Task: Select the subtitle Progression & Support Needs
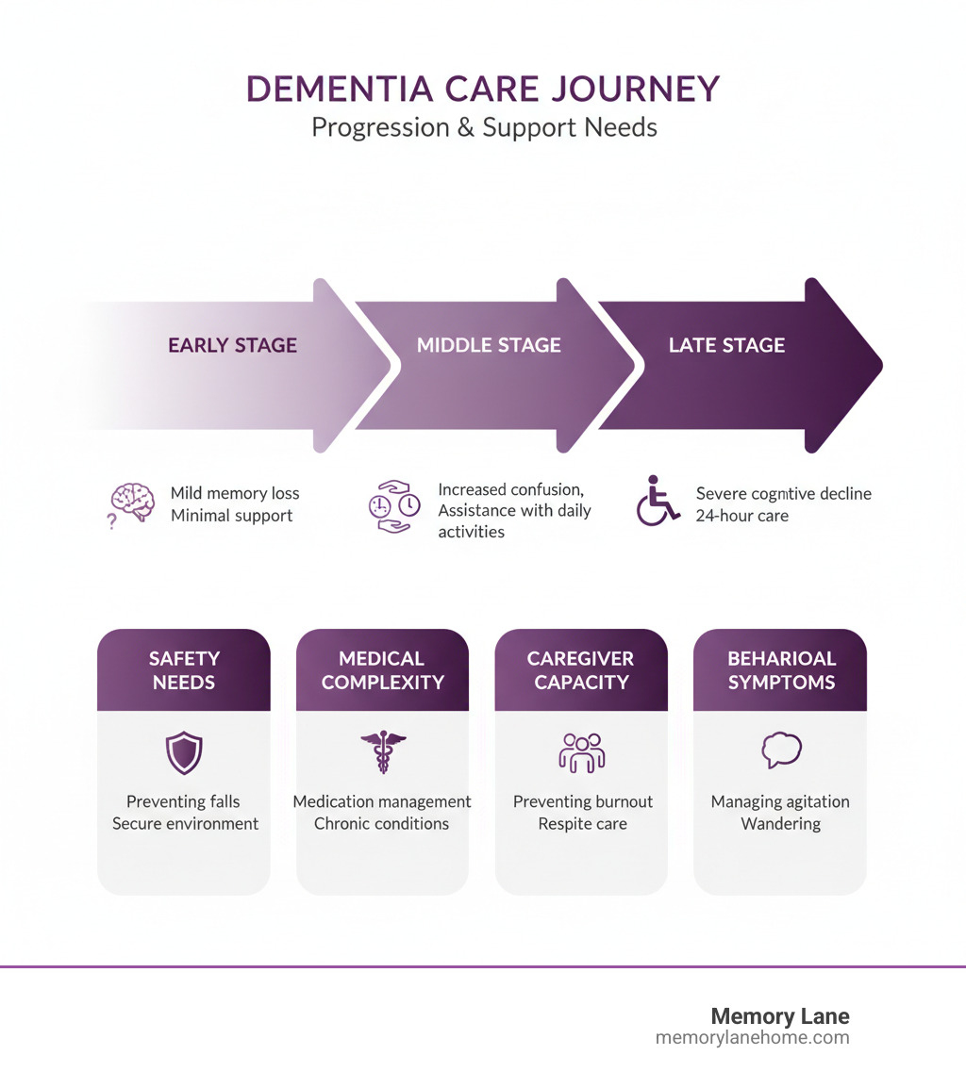pos(484,126)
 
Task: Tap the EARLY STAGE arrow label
pos(232,345)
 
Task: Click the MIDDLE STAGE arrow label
pos(489,345)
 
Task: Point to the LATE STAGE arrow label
pos(726,345)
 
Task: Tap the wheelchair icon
pos(658,501)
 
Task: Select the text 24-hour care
pos(742,516)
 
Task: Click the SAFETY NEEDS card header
pos(184,669)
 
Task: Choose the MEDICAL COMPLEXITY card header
pos(382,669)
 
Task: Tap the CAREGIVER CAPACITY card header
pos(581,669)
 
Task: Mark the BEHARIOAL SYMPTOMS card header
pos(780,669)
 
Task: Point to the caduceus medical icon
pos(383,752)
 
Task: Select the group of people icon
pos(582,752)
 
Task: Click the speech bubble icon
pos(781,750)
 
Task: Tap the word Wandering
pos(780,823)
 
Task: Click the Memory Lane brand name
pos(779,1016)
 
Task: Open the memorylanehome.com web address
pos(752,1037)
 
